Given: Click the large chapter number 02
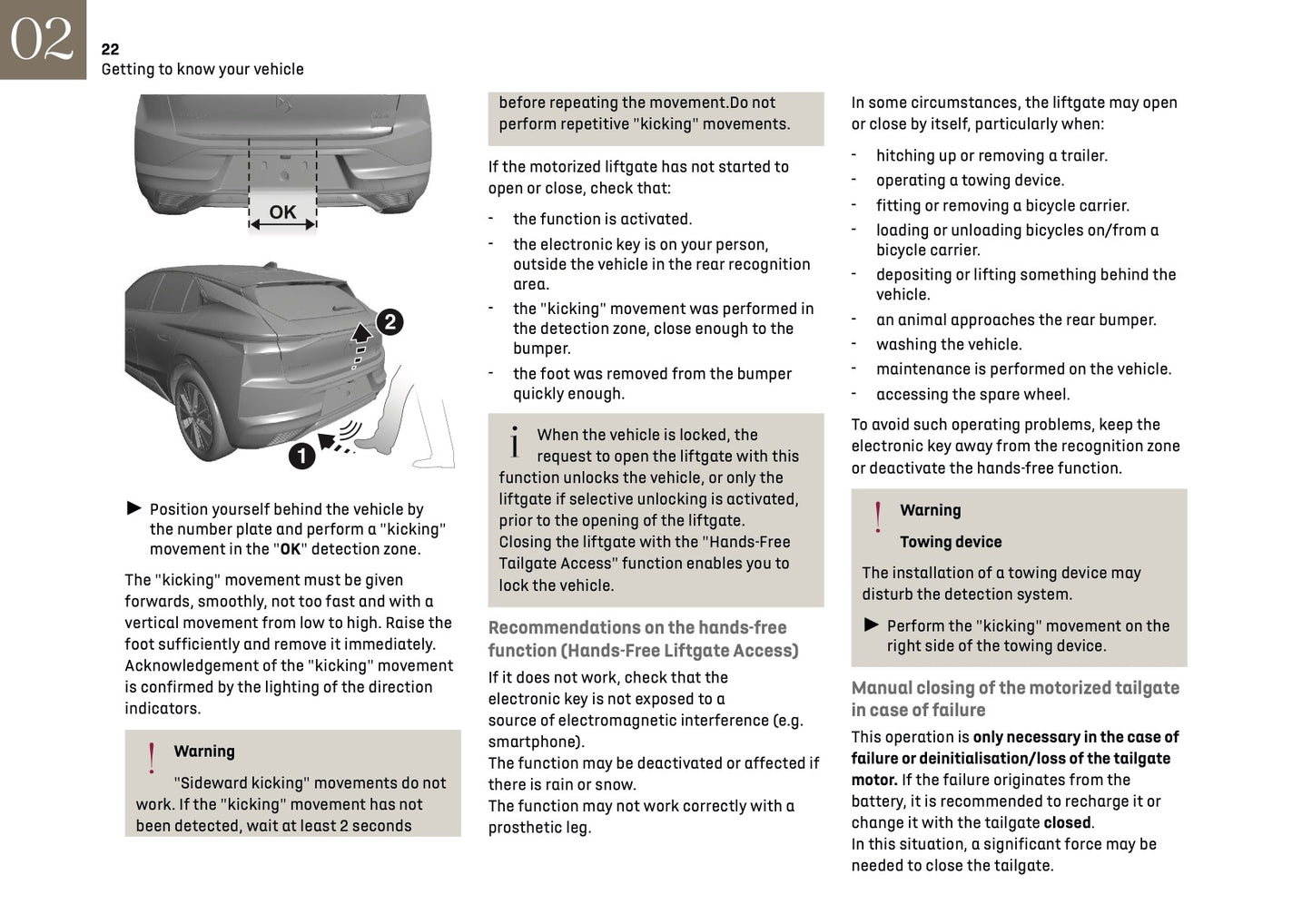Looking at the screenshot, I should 42,39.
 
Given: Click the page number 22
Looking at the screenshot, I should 110,50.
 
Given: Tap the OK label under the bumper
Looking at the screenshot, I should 282,212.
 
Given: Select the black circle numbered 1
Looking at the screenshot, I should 301,455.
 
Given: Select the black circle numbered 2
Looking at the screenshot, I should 390,321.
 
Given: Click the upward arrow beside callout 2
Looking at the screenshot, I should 362,331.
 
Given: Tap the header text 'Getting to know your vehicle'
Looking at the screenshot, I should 202,70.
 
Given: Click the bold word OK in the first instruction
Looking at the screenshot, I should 290,549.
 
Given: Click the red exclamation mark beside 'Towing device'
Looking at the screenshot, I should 877,517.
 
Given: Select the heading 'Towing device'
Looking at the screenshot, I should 951,542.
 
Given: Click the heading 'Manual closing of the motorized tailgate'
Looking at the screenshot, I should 1015,688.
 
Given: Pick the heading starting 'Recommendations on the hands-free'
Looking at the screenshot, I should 637,628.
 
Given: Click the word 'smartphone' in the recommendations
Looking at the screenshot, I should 536,742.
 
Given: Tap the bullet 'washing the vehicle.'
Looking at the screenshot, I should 949,345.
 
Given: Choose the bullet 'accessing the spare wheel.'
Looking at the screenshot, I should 972,395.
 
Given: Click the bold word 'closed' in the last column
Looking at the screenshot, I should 1067,823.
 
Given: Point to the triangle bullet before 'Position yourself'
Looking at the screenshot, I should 134,508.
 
